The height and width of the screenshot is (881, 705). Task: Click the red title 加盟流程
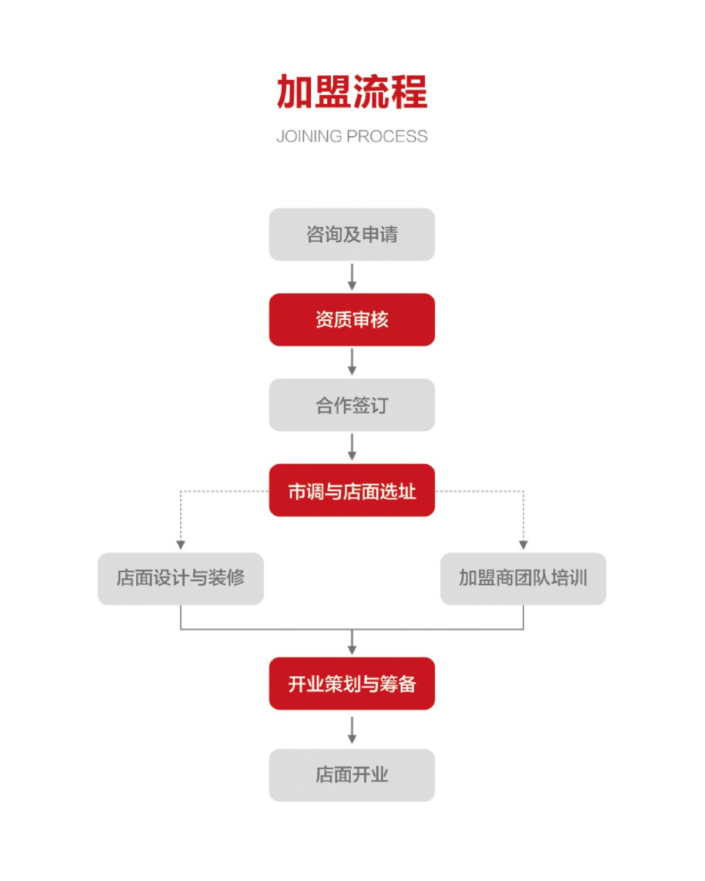(352, 91)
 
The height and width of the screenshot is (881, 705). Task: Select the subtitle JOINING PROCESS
(352, 136)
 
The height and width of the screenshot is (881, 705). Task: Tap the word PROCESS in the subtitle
(387, 136)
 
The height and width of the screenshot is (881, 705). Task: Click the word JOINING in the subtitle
(309, 136)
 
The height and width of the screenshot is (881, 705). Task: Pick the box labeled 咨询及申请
(352, 235)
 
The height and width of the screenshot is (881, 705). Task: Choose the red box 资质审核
(352, 320)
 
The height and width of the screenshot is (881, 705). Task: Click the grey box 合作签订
(352, 405)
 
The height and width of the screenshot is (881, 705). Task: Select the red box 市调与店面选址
(352, 490)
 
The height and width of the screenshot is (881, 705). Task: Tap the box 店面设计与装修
(181, 579)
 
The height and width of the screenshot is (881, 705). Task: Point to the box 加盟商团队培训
(523, 579)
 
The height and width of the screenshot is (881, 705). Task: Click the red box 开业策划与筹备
(352, 684)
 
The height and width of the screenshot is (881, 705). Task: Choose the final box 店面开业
(352, 775)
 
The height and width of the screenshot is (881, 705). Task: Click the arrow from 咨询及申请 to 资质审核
(352, 277)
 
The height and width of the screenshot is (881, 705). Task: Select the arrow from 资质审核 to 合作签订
(352, 362)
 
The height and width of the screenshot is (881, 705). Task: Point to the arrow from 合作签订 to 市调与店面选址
(352, 447)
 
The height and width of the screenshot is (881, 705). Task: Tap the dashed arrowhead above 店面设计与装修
(181, 545)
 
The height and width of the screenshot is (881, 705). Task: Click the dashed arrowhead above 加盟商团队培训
(523, 545)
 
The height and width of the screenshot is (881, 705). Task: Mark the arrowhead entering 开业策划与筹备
(352, 649)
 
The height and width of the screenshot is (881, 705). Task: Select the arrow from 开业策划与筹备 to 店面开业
(352, 731)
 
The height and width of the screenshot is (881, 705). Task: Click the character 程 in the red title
(409, 91)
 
